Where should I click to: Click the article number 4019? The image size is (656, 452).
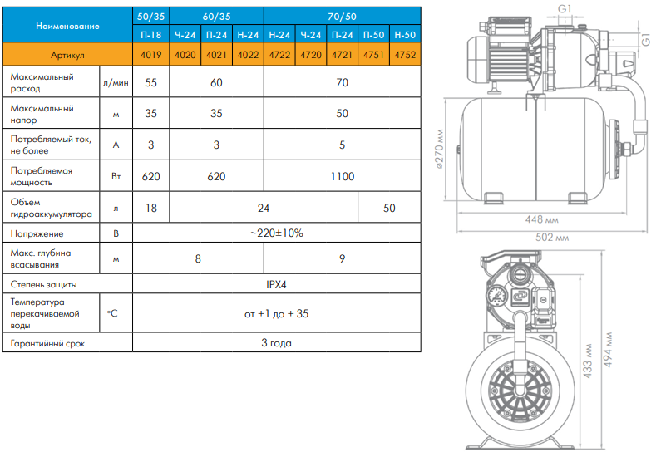click(x=150, y=55)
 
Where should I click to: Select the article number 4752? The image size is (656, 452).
click(x=405, y=55)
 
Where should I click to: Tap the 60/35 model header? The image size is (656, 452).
click(x=216, y=17)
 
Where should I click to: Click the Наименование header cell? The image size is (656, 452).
click(x=67, y=26)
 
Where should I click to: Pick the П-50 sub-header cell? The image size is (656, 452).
click(x=373, y=35)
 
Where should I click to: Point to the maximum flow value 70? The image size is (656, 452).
click(x=342, y=82)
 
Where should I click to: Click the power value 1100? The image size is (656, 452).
click(x=343, y=176)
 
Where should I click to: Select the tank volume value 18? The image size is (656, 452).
click(x=151, y=208)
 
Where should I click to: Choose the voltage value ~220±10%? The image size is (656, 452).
click(x=277, y=233)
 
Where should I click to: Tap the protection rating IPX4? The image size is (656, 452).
click(x=276, y=284)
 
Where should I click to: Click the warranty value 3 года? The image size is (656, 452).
click(x=276, y=343)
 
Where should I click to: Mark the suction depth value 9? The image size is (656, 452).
click(x=342, y=259)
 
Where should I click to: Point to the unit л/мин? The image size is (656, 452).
click(x=116, y=82)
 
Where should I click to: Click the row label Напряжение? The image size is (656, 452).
click(x=37, y=233)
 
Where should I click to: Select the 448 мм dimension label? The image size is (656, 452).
click(x=542, y=219)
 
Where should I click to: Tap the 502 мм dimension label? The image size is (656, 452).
click(x=552, y=238)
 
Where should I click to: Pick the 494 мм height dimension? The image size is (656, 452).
click(x=608, y=350)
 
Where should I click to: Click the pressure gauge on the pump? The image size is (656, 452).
click(x=497, y=297)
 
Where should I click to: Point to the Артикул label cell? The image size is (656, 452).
click(x=67, y=55)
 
